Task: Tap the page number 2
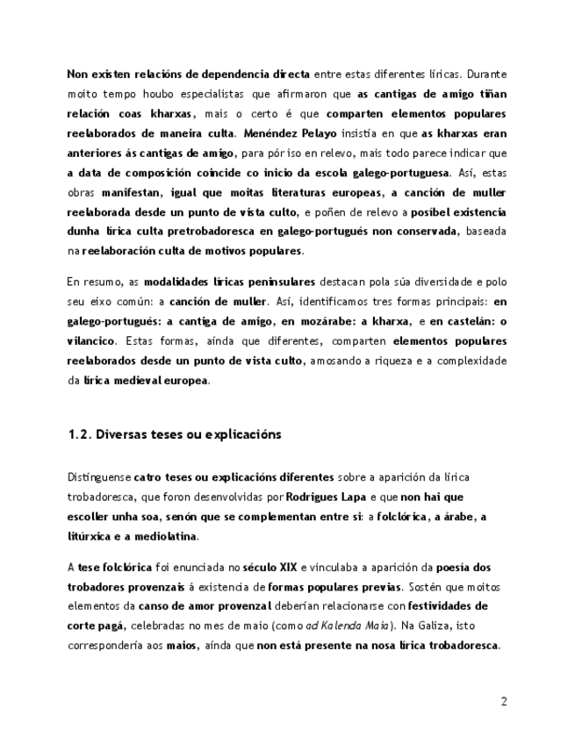coord(504,701)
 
